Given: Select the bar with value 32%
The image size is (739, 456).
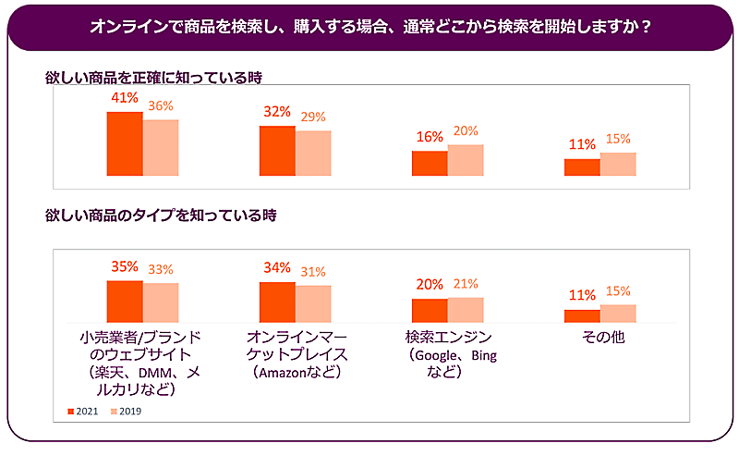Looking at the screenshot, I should (x=277, y=151).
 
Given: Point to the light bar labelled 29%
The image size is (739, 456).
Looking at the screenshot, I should (x=313, y=154).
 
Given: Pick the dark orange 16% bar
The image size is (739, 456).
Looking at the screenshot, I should (x=430, y=163).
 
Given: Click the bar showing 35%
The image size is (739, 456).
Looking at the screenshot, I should (x=125, y=299).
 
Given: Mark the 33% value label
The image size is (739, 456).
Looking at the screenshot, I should (x=161, y=270).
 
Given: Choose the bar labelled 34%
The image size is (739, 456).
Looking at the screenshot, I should (x=277, y=300).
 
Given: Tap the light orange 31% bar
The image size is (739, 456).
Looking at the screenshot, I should (x=313, y=302).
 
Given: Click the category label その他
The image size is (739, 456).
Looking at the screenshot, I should (x=602, y=337).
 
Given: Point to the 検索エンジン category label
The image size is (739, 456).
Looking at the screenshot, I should (x=449, y=337).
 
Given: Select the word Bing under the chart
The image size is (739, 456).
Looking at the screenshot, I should (x=484, y=355).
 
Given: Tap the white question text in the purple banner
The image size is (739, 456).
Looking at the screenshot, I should (x=369, y=27).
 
